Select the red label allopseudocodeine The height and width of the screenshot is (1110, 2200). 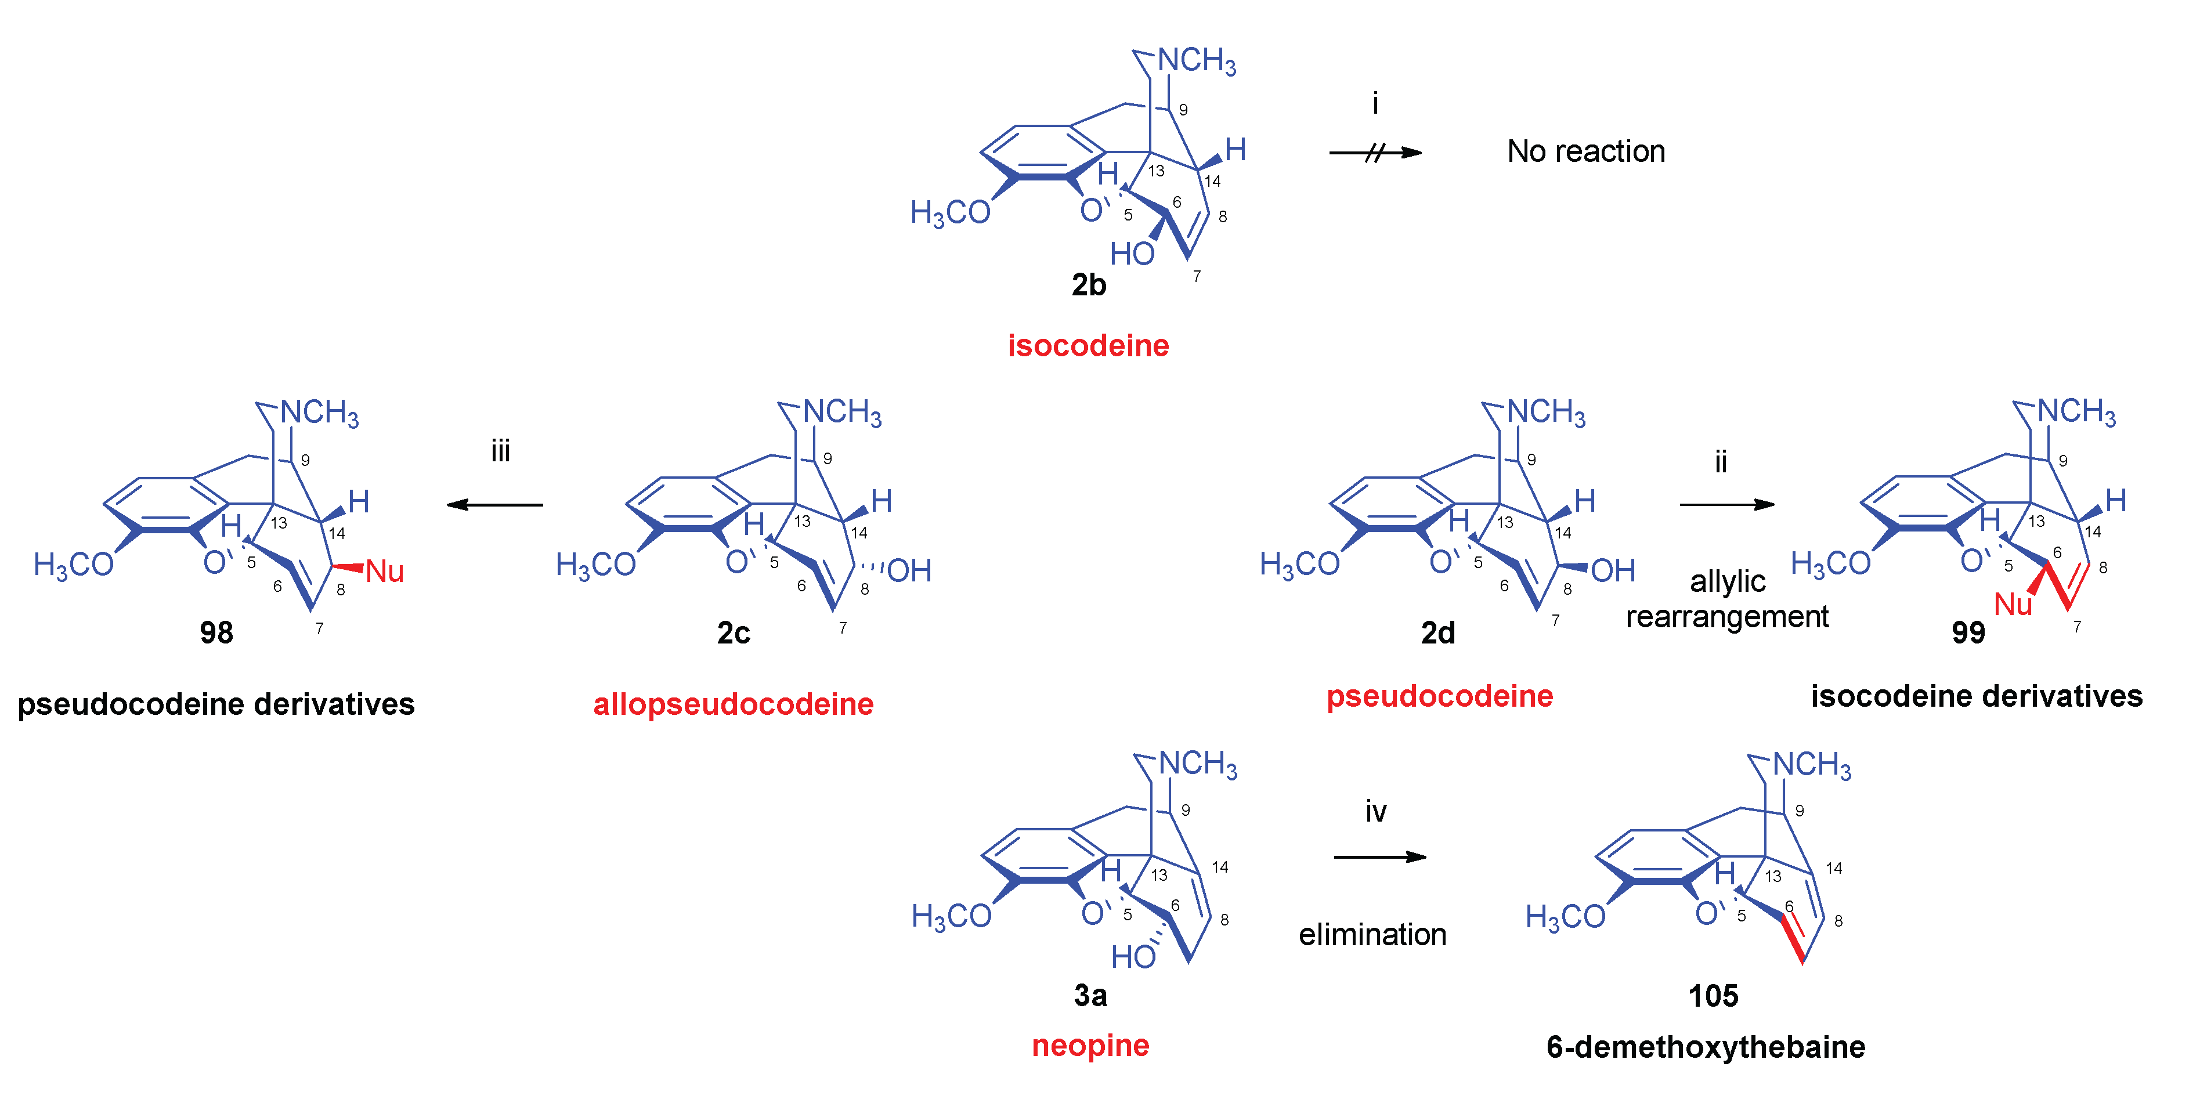click(733, 704)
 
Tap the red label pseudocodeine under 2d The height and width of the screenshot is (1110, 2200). click(1439, 697)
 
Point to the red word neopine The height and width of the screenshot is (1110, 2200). click(1090, 1045)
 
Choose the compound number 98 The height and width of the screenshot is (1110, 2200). click(216, 632)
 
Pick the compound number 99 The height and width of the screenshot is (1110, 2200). click(1968, 632)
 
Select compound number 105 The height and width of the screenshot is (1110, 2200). click(1713, 996)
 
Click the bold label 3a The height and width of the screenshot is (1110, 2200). click(1090, 996)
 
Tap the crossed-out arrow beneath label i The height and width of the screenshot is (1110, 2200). click(1375, 153)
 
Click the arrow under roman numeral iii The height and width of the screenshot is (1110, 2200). click(496, 505)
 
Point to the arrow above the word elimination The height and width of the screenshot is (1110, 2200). click(1379, 856)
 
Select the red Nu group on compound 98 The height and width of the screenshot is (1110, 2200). click(384, 571)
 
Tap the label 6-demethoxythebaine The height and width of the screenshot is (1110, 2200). click(1706, 1047)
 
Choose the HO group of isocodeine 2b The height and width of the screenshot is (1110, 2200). click(1132, 254)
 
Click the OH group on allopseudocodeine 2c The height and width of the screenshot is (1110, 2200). click(909, 570)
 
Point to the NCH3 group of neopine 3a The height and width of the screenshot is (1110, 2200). click(1197, 764)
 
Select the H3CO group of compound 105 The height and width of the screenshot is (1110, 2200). click(1565, 917)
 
